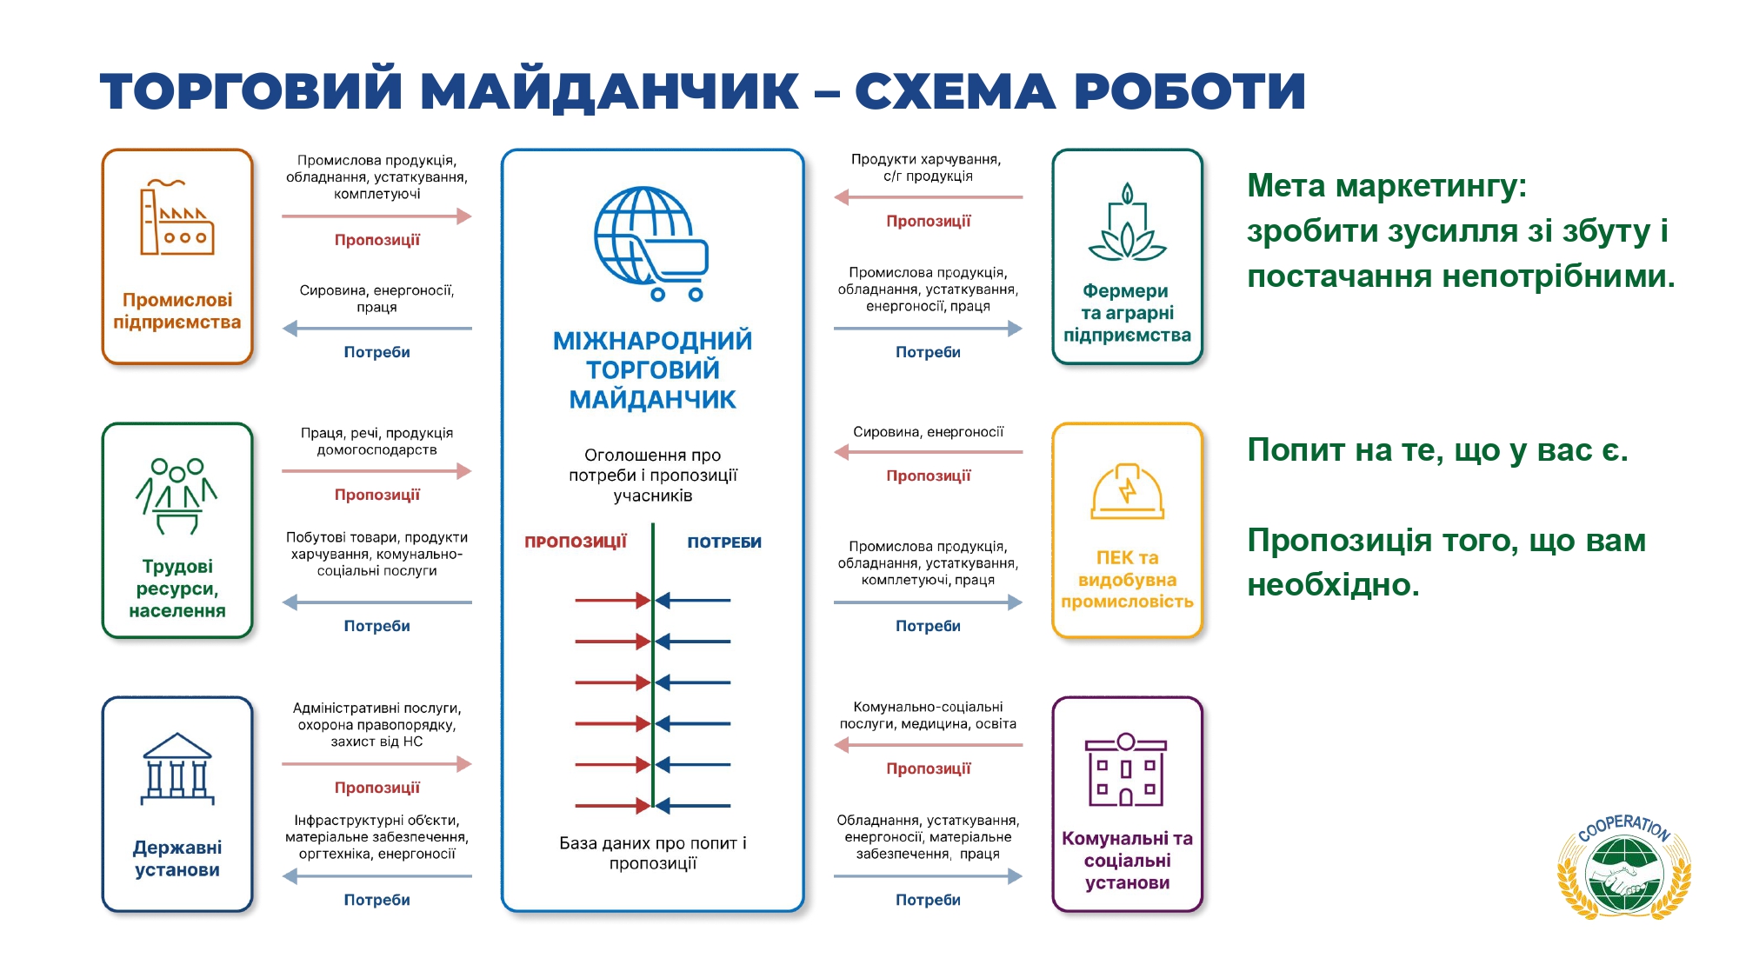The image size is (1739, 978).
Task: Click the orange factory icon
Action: [x=177, y=218]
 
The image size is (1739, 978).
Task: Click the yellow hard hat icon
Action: [x=1127, y=491]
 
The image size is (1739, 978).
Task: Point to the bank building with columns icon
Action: [x=177, y=768]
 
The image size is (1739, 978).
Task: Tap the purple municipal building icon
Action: [x=1126, y=770]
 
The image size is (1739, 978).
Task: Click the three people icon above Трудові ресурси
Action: [x=177, y=494]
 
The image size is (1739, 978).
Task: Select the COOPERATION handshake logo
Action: [x=1623, y=868]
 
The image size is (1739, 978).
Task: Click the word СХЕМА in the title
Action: [x=955, y=91]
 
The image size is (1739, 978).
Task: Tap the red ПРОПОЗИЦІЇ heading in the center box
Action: [x=576, y=542]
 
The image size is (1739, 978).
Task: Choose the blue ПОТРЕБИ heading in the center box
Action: [x=724, y=542]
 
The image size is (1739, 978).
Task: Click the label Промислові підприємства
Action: [x=177, y=311]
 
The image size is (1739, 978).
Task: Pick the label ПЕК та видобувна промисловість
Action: [x=1127, y=580]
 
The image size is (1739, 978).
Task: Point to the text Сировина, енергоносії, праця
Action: [x=376, y=298]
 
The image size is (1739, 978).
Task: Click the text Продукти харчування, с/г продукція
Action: [x=927, y=168]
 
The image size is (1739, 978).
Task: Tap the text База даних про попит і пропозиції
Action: [x=652, y=853]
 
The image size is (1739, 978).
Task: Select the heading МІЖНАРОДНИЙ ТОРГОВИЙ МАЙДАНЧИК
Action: [x=652, y=369]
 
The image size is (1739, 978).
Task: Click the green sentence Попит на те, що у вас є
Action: [x=1437, y=450]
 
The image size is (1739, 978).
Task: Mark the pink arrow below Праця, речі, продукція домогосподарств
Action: [x=376, y=471]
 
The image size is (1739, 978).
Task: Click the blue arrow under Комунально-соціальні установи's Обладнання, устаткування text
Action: [x=928, y=876]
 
